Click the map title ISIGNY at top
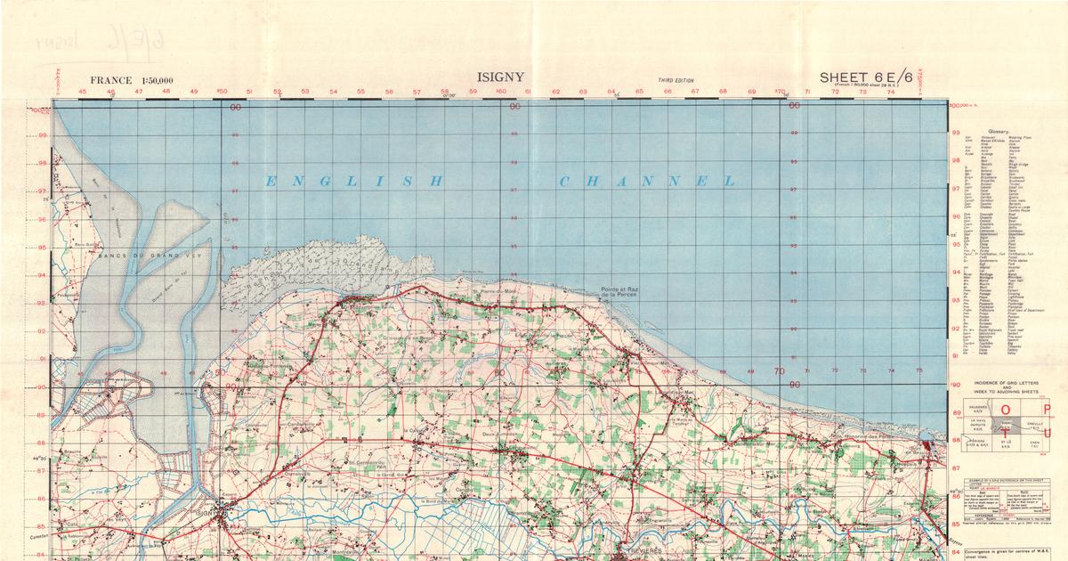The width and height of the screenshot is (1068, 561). pyautogui.click(x=501, y=77)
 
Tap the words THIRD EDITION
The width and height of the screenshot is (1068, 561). pyautogui.click(x=676, y=80)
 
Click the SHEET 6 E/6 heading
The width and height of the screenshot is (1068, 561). pyautogui.click(x=871, y=77)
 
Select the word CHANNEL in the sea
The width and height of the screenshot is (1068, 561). pyautogui.click(x=647, y=182)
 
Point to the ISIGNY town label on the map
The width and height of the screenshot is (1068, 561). pyautogui.click(x=206, y=513)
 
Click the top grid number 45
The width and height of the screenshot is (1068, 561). pyautogui.click(x=83, y=92)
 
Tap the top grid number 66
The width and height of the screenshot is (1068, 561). pyautogui.click(x=667, y=92)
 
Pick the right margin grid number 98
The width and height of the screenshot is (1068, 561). pyautogui.click(x=957, y=161)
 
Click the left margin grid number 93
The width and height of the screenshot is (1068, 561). pyautogui.click(x=42, y=303)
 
